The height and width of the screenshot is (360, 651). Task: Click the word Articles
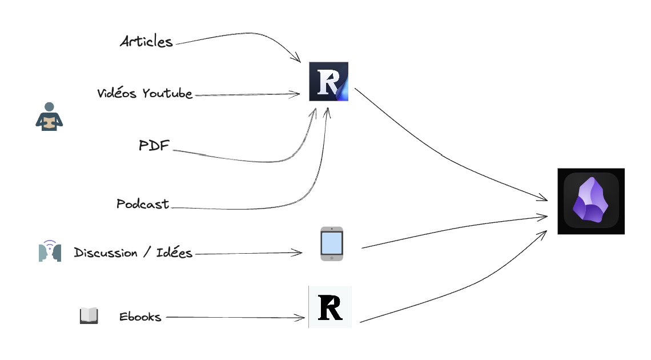146,42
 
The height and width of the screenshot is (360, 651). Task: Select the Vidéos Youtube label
144,94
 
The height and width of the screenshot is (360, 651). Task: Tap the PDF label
154,146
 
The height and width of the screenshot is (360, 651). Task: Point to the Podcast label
143,204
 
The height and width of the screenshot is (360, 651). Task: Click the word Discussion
106,253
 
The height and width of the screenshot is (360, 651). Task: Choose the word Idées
174,253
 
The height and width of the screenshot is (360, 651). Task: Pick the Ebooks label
140,317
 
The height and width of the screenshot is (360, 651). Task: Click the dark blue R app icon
328,82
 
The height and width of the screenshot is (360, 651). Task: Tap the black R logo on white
330,307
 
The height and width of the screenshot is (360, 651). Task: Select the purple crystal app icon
591,201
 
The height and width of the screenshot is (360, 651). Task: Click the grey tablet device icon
332,244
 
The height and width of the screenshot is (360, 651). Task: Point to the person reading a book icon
49,117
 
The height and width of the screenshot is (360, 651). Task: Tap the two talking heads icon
50,251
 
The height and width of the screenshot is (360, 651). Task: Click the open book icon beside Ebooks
89,316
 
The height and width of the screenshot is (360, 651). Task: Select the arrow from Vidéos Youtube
246,95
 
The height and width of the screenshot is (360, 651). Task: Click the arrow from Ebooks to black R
234,317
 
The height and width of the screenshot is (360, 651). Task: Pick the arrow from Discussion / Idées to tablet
248,253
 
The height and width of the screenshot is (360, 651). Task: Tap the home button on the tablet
332,258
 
